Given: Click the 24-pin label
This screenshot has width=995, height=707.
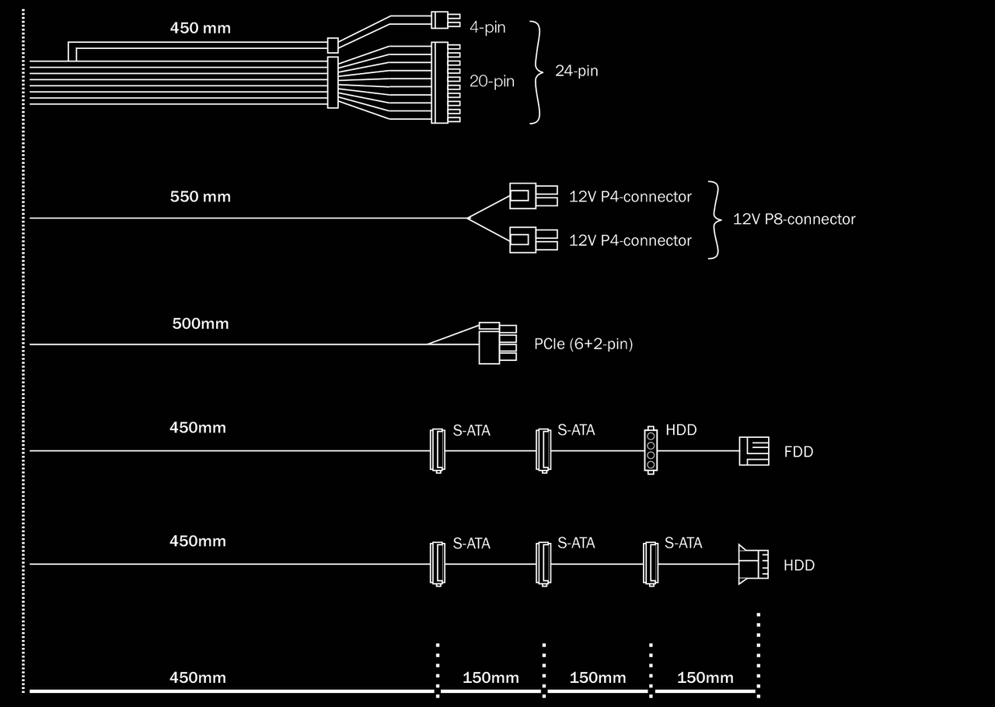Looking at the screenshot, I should (576, 72).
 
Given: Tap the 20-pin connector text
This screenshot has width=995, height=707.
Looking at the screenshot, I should (491, 81).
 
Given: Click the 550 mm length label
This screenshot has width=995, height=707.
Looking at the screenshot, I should (201, 197).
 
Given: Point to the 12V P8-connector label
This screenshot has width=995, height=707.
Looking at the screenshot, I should (794, 219).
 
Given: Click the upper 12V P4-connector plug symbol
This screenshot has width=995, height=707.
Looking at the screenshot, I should (532, 196).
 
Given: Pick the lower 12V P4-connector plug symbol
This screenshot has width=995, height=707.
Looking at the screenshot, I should (532, 240).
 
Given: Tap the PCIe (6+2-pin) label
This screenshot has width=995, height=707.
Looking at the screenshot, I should (584, 344).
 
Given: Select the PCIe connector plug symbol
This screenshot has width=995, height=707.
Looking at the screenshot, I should (497, 344).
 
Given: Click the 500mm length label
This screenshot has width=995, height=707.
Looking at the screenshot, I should (201, 324).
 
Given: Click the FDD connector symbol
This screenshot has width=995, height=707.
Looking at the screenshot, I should (752, 450).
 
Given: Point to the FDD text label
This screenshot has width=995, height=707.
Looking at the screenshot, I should (798, 452).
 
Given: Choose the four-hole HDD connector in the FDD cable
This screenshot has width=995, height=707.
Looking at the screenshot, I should (651, 450).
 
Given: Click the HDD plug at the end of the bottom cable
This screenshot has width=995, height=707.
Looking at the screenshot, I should (752, 565).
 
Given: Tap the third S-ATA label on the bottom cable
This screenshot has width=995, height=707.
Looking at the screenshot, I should (683, 544).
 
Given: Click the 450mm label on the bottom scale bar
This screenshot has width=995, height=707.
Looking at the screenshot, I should (197, 677).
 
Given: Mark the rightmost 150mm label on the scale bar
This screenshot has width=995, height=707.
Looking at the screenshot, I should (705, 677).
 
